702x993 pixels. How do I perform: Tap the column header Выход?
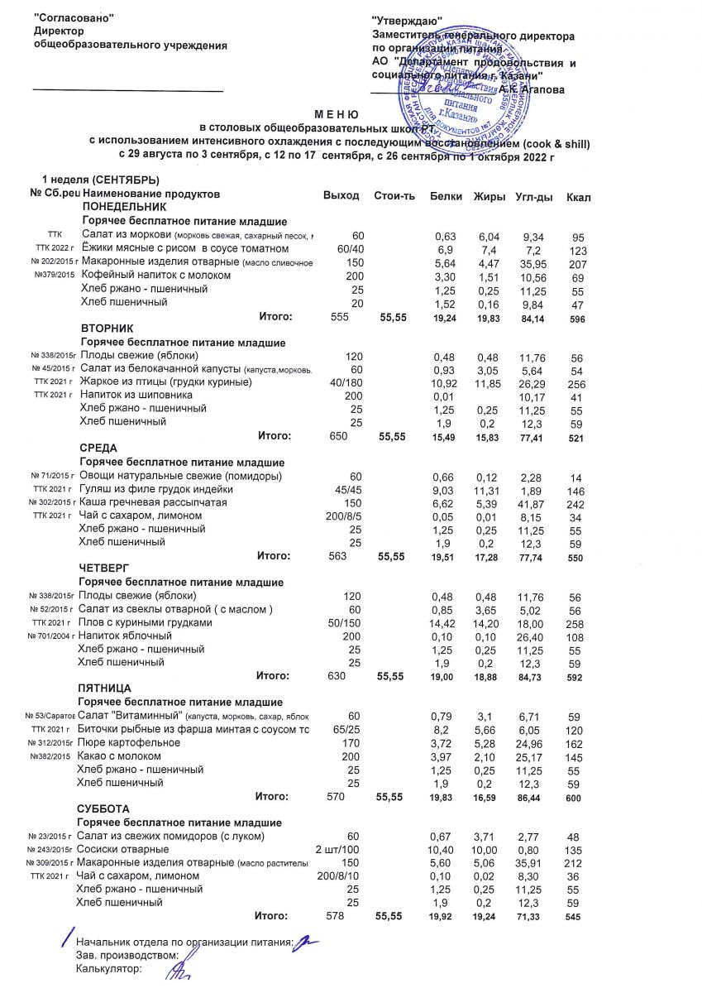pyautogui.click(x=341, y=195)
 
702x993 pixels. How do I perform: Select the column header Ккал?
pyautogui.click(x=578, y=196)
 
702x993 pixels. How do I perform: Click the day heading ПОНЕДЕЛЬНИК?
pyautogui.click(x=123, y=208)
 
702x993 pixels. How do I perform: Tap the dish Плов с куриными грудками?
pyautogui.click(x=145, y=622)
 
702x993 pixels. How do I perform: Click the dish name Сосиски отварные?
pyautogui.click(x=122, y=850)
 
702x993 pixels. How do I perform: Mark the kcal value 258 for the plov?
pyautogui.click(x=576, y=622)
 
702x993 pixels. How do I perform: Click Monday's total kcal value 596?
pyautogui.click(x=576, y=318)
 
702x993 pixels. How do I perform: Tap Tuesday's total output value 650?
pyautogui.click(x=338, y=436)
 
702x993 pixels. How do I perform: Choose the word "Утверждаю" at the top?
pyautogui.click(x=407, y=20)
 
